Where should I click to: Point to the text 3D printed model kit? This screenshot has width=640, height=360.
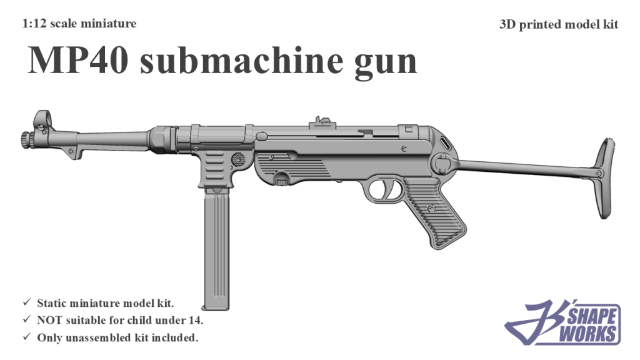559,24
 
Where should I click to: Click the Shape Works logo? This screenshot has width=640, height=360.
562,323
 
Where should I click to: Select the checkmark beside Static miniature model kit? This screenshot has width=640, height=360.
27,303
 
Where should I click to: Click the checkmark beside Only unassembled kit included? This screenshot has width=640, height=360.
27,338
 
